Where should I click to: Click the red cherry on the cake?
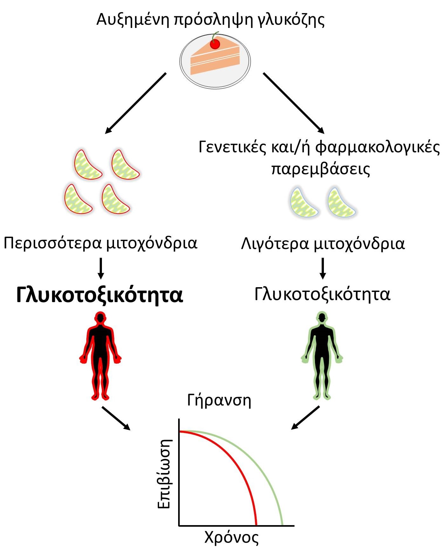(215, 44)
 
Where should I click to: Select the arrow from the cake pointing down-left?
(136, 103)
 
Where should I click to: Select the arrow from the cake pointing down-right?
(293, 103)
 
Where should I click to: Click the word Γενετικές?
(232, 147)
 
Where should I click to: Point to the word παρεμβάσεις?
(320, 169)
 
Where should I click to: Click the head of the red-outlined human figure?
(100, 318)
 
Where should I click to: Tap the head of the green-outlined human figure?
(322, 318)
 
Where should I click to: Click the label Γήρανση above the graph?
(219, 401)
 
